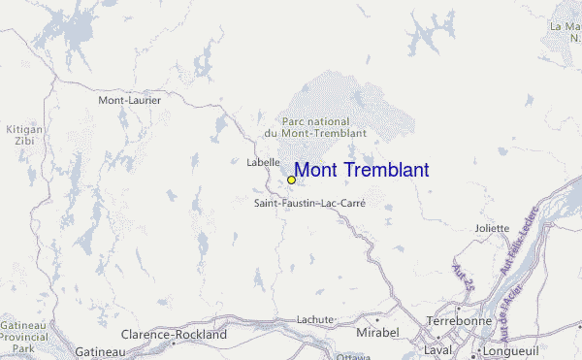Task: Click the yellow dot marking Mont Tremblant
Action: (291, 180)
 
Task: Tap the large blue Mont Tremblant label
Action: (361, 171)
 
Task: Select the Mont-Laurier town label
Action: (129, 100)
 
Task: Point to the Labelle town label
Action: (263, 162)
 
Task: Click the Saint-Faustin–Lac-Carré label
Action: (308, 204)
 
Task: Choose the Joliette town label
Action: (492, 228)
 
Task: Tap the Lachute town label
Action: (315, 319)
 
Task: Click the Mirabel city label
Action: (378, 333)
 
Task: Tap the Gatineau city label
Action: (97, 351)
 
